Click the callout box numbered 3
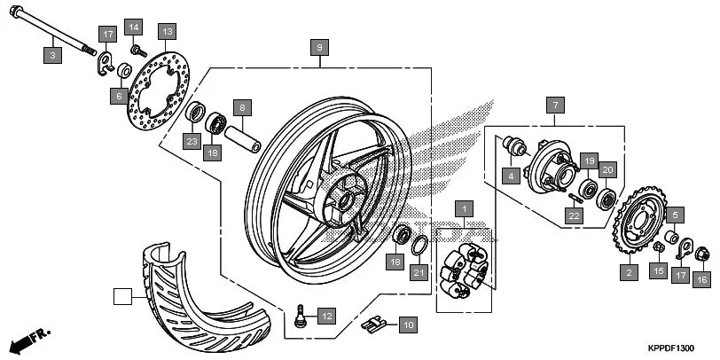52,55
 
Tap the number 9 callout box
320,46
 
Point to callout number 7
554,104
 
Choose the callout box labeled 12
326,315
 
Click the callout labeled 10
407,325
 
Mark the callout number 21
418,273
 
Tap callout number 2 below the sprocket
630,273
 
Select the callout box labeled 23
192,140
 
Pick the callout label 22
575,214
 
